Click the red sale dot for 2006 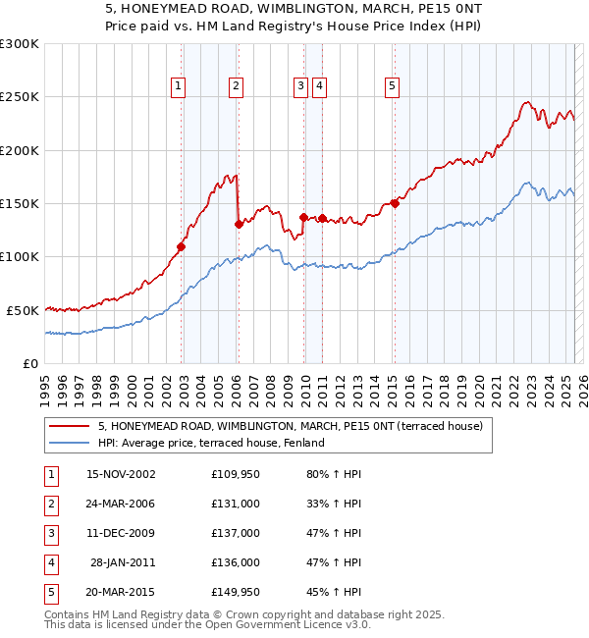pos(239,224)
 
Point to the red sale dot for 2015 pos(395,204)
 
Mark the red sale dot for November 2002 pos(182,246)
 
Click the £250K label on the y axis pos(20,97)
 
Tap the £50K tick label pos(24,310)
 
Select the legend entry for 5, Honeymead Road pos(290,427)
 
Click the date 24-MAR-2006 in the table pos(121,505)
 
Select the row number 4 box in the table pos(50,562)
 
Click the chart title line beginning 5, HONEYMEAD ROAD pos(294,9)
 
